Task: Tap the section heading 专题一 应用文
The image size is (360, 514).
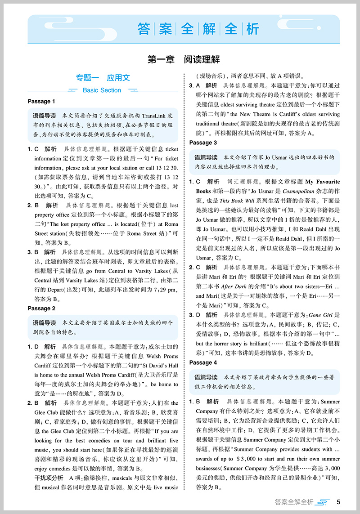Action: coord(103,77)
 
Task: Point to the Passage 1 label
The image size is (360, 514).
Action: coord(41,102)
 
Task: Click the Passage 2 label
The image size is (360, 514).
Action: coord(41,308)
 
